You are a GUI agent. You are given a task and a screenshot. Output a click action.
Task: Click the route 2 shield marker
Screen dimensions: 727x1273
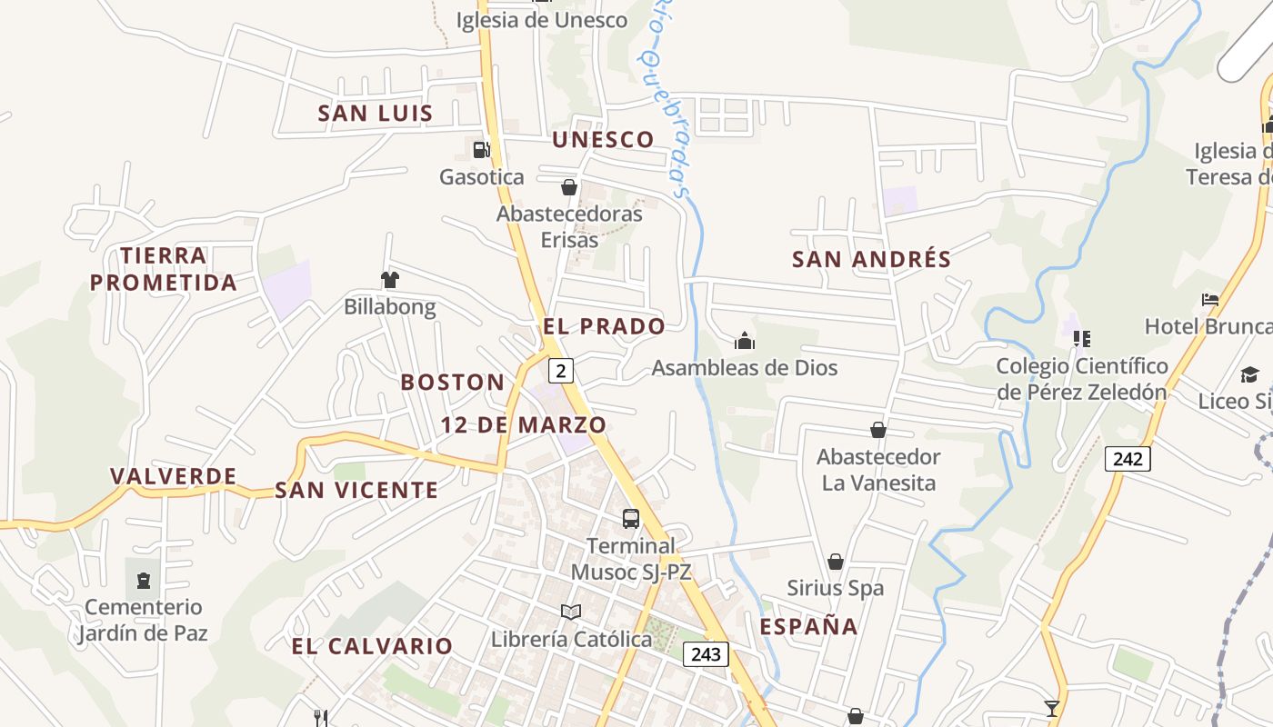562,371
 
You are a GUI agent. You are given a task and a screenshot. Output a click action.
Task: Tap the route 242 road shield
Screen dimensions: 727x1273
1128,459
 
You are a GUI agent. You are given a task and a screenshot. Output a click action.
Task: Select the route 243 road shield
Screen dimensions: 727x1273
706,654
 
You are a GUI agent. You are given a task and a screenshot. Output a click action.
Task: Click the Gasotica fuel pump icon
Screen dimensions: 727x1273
481,149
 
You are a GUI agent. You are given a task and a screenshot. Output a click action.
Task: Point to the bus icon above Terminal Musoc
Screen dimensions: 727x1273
630,519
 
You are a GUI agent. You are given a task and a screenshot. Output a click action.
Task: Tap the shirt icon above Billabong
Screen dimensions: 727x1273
390,280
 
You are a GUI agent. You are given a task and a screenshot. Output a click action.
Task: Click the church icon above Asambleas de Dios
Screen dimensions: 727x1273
745,341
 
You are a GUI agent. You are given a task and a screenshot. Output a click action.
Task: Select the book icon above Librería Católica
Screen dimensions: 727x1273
571,612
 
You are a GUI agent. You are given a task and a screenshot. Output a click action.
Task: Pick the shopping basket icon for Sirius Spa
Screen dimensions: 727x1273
835,562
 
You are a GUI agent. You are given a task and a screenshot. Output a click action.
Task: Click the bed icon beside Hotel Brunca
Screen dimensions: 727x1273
1209,299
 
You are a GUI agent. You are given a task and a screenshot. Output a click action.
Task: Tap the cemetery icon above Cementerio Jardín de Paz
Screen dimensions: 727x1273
143,580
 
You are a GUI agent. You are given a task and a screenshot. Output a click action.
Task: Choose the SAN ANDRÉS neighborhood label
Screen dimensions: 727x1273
871,259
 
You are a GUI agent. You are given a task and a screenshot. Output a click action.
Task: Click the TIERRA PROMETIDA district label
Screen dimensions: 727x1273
164,269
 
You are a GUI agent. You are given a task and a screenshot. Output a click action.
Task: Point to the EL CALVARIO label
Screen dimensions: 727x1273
372,646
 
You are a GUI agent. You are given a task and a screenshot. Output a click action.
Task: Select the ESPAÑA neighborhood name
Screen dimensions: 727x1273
808,626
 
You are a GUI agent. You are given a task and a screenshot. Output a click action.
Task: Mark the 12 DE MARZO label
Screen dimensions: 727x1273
523,424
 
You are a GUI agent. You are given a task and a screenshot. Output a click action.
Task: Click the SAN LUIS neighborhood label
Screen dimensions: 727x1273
375,114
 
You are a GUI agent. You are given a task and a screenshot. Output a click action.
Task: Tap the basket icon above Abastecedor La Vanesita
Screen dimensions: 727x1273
878,430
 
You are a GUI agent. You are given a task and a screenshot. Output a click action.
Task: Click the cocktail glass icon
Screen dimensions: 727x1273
1052,708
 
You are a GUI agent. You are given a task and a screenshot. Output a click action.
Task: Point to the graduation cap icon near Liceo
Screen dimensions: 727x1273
1249,374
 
